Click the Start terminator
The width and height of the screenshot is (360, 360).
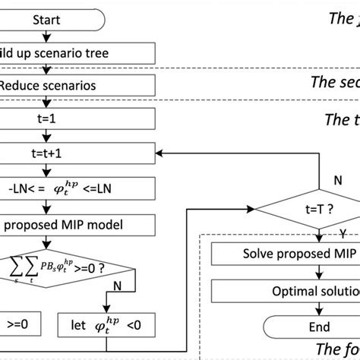[x=46, y=20]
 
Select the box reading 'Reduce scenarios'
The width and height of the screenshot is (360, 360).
[x=76, y=86]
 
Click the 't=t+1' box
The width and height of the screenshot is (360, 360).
[x=76, y=152]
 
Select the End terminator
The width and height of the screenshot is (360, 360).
[x=319, y=327]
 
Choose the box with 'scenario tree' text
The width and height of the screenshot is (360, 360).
[x=76, y=52]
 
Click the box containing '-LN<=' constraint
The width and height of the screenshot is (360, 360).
[x=76, y=186]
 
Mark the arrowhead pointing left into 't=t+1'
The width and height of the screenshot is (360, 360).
[x=159, y=153]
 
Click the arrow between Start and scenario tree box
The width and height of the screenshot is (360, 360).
[x=46, y=36]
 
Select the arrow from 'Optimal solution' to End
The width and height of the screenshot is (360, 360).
[x=319, y=309]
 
